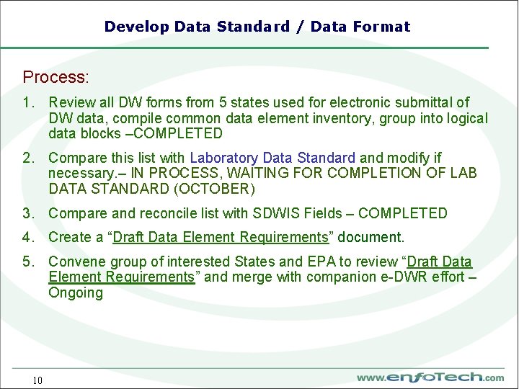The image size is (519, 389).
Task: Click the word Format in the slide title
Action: [381, 27]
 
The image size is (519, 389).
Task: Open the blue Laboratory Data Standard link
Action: [272, 158]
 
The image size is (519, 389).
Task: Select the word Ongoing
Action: [76, 293]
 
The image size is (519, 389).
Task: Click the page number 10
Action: [37, 380]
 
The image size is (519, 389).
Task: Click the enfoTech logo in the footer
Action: [430, 377]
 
